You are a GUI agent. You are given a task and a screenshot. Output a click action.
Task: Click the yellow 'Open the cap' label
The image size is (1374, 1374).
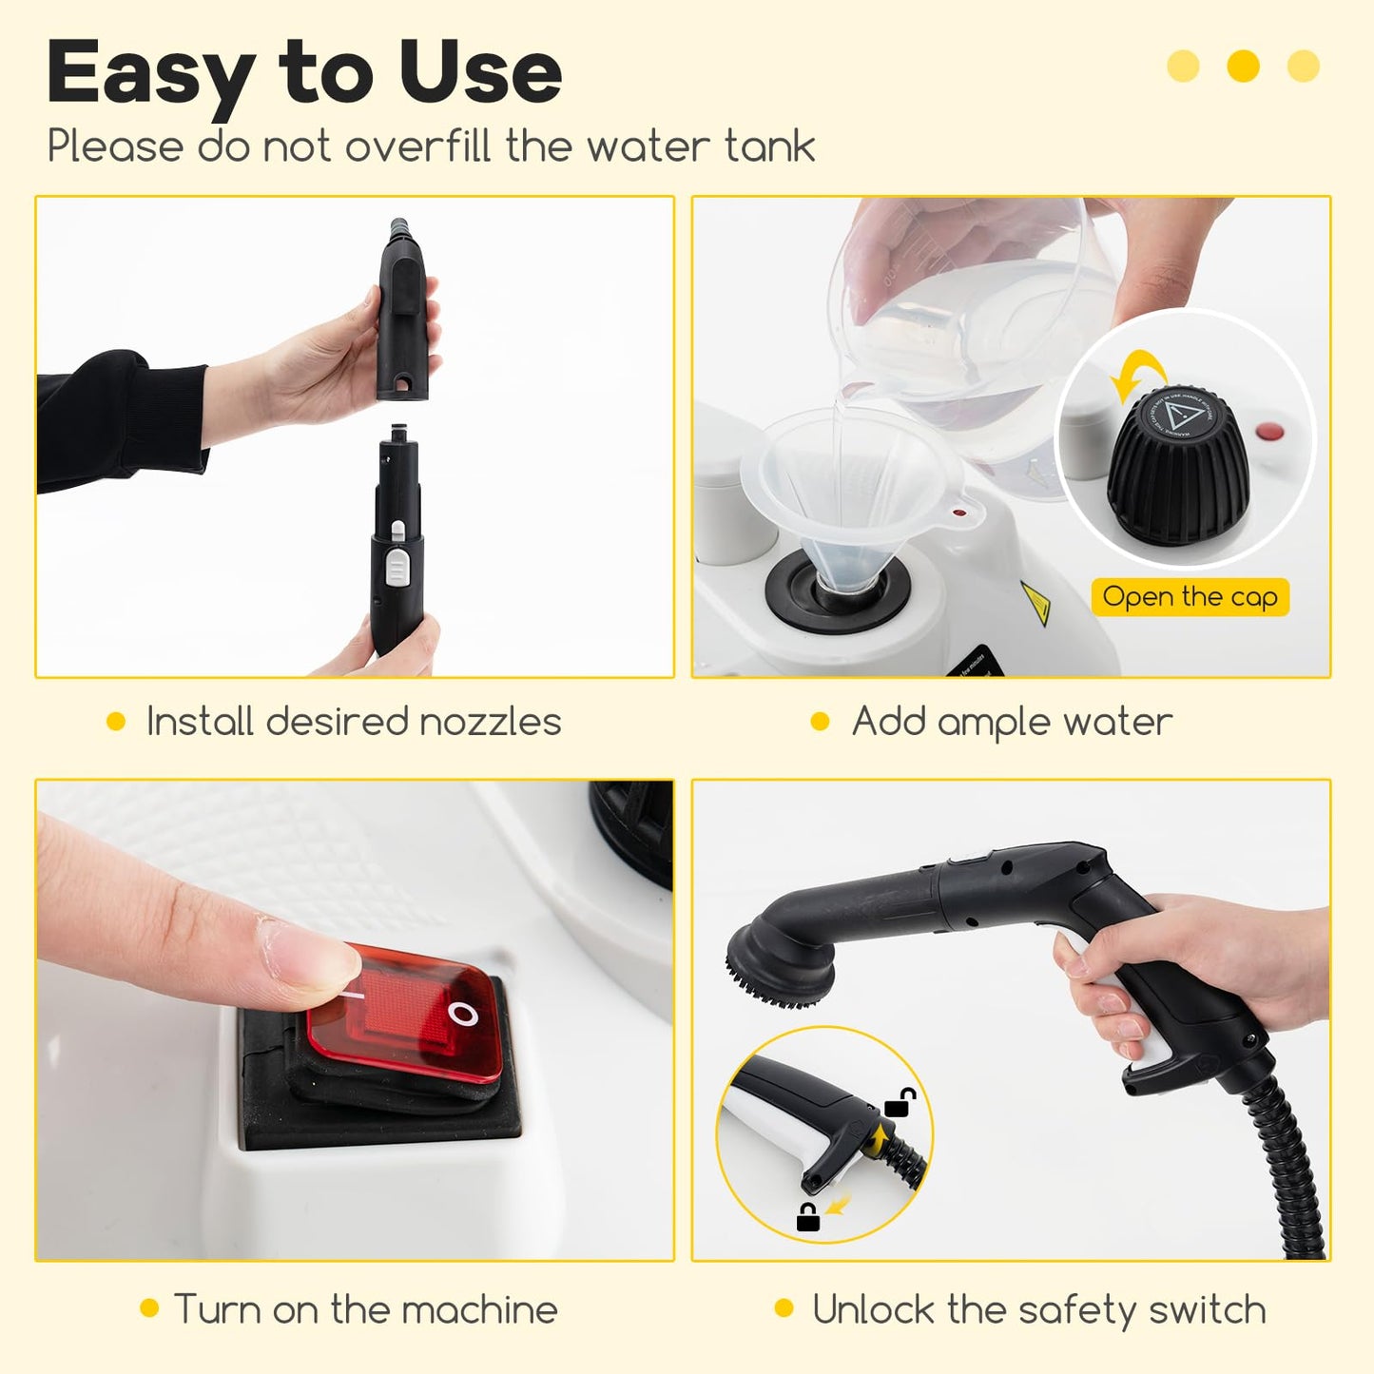tap(1190, 597)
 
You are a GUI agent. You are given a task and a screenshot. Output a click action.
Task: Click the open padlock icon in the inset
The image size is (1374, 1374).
tap(900, 1103)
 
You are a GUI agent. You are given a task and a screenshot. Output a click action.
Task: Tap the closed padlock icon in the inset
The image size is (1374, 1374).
tap(808, 1216)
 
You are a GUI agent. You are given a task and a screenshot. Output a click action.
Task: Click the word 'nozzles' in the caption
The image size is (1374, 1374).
tap(490, 722)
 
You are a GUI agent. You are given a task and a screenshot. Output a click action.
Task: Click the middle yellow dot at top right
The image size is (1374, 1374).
tap(1243, 66)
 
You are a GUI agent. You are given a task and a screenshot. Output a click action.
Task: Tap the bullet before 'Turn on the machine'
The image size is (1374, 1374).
tap(149, 1308)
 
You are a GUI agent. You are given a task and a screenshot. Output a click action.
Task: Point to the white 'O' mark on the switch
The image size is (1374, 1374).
tap(463, 1015)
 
